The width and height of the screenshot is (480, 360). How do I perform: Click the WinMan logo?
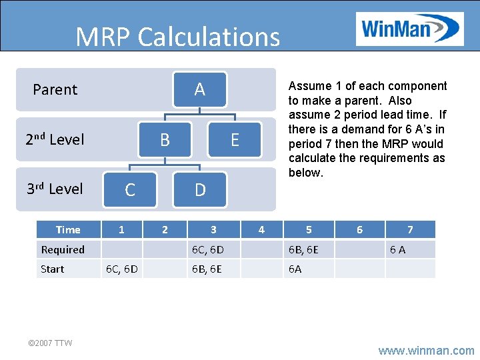coord(409,29)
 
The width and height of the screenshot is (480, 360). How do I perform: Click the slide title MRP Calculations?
coord(177,37)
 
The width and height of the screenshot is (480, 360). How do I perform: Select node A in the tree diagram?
coord(199,89)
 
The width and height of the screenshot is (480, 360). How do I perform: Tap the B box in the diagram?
coord(165,140)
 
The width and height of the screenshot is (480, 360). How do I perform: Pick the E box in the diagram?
coord(235,140)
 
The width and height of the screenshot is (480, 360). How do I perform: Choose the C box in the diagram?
coord(130,190)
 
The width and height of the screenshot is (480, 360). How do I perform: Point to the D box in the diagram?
coord(200,190)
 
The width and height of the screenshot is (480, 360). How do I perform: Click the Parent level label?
coord(55,89)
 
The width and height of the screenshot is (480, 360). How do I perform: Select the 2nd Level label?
coord(55,139)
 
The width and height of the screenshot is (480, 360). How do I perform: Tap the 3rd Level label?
coord(55,189)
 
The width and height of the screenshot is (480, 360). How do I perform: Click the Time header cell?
coord(68,230)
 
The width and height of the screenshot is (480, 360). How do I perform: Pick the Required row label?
coord(63,249)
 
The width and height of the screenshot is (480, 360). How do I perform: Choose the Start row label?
coord(53,269)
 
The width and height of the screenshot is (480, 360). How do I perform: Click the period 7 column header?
coord(410,230)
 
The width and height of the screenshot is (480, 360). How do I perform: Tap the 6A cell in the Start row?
coord(295,269)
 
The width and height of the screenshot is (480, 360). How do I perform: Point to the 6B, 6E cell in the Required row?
coord(303,249)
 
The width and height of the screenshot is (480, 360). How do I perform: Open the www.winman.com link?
coord(427,350)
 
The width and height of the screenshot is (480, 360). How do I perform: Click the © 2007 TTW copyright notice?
coord(50,343)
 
